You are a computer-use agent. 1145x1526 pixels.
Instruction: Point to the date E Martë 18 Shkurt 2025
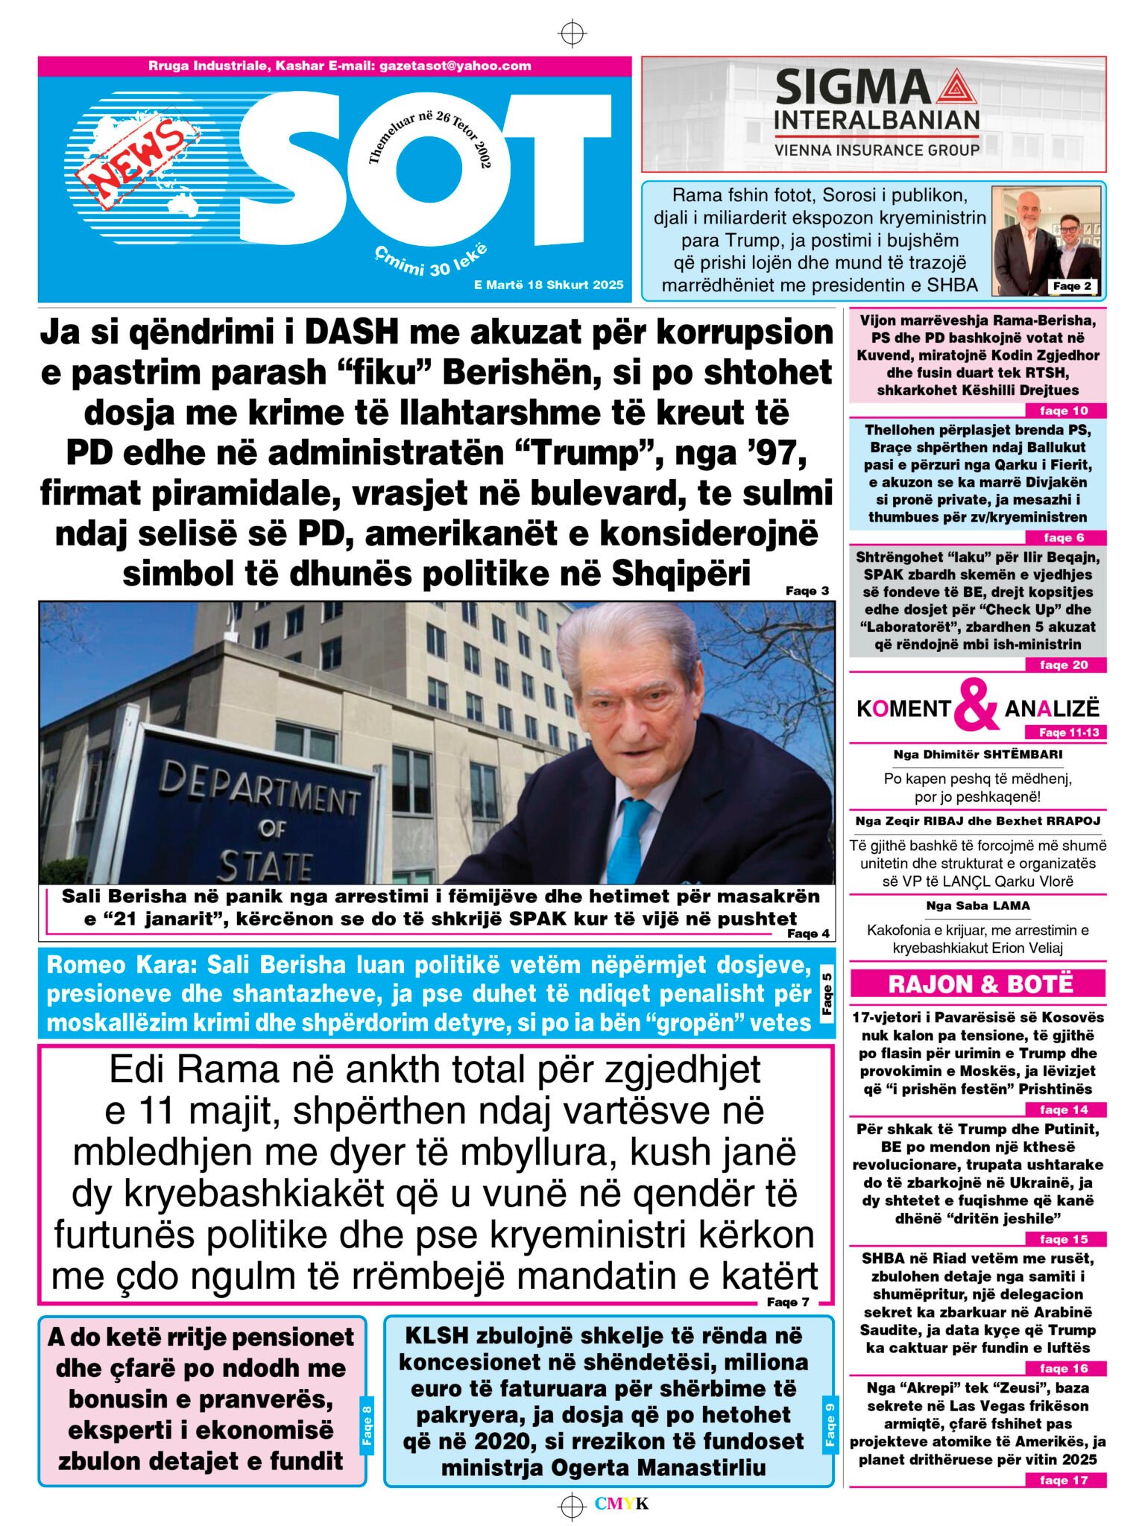pyautogui.click(x=548, y=285)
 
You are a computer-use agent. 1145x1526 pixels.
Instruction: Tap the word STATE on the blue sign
pyautogui.click(x=265, y=866)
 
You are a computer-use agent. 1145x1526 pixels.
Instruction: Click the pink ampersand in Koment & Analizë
pyautogui.click(x=977, y=705)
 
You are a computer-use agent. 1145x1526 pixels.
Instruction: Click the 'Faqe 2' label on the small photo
pyautogui.click(x=1072, y=286)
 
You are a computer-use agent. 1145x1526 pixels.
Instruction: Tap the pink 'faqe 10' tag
pyautogui.click(x=1064, y=411)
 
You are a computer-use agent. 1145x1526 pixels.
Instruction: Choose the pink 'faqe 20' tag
pyautogui.click(x=1064, y=665)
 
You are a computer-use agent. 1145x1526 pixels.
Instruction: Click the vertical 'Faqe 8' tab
pyautogui.click(x=367, y=1425)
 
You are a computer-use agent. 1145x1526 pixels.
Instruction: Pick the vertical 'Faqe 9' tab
pyautogui.click(x=830, y=1425)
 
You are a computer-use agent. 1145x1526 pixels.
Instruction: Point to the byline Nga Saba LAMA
pyautogui.click(x=978, y=906)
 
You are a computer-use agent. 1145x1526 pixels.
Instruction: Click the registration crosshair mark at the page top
pyautogui.click(x=572, y=34)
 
